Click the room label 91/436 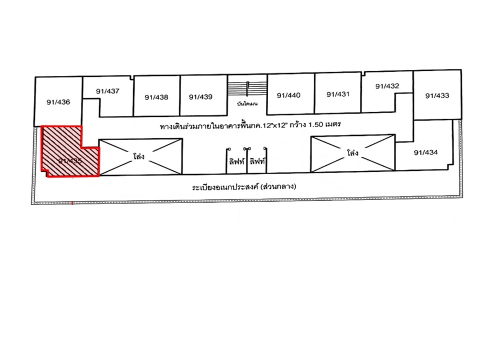pos(58,102)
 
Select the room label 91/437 pos(107,91)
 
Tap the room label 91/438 pos(156,97)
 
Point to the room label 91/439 pos(201,96)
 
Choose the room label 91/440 pos(288,95)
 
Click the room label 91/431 pos(337,94)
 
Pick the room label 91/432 pos(387,86)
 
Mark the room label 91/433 pos(437,95)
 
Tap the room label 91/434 pos(426,152)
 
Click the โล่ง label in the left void pos(139,156)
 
